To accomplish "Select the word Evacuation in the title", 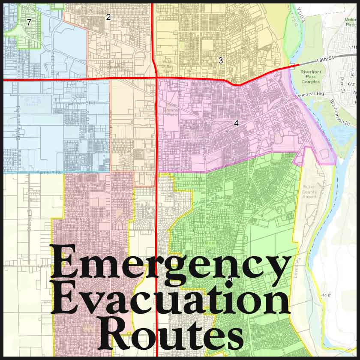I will click(171, 302).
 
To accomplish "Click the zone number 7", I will click(29, 22).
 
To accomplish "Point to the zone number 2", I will click(108, 17).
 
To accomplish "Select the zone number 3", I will click(221, 60).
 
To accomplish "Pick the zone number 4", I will click(236, 123).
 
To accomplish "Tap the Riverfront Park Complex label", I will click(311, 78).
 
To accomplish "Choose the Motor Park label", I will click(351, 22).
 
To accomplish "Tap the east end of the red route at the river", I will click(298, 65).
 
